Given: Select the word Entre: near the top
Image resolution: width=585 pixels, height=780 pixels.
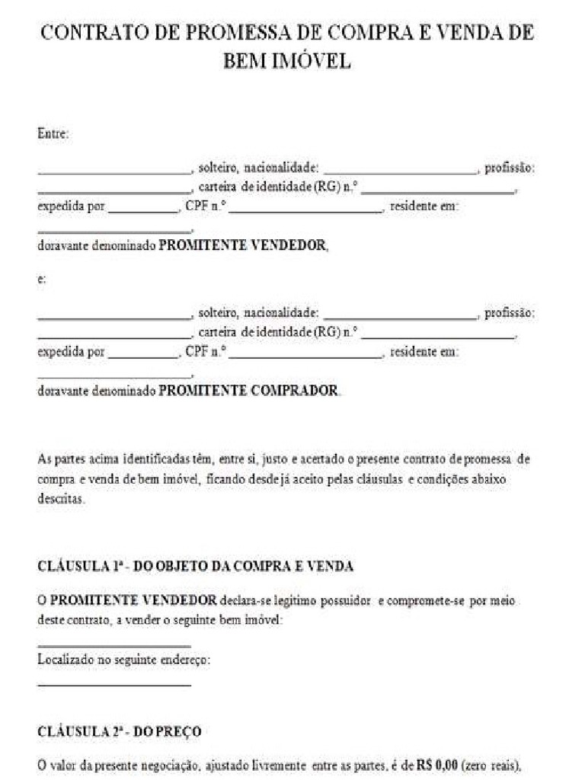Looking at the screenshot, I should (x=53, y=134).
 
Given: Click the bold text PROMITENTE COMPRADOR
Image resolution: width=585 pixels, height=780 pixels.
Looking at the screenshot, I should (x=249, y=390).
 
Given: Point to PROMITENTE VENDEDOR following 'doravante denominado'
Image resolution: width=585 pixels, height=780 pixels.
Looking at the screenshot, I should (x=243, y=246).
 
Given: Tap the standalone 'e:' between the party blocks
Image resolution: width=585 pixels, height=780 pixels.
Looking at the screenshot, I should (x=42, y=280).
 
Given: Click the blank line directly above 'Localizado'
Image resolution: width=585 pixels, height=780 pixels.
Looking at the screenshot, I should (x=114, y=646).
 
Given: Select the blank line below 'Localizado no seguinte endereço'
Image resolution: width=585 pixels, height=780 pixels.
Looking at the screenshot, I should (x=114, y=684).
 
